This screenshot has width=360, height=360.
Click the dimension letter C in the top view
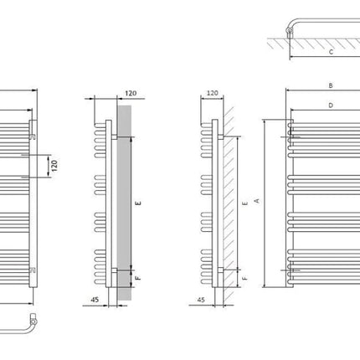click(331, 52)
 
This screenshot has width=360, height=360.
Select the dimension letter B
click(331, 85)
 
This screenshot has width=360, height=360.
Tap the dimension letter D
click(331, 105)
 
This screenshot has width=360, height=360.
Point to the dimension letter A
click(257, 200)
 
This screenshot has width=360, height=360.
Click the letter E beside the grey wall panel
click(138, 203)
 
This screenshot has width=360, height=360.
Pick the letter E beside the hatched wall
click(244, 203)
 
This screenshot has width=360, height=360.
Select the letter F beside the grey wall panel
click(138, 278)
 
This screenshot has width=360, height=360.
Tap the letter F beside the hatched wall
click(244, 278)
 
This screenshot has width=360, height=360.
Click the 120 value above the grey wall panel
click(131, 93)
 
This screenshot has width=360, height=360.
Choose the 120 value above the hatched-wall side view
click(213, 93)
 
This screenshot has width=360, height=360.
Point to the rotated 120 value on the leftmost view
click(54, 166)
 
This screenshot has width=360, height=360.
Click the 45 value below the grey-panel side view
click(95, 300)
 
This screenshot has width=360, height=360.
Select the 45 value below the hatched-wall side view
click(201, 300)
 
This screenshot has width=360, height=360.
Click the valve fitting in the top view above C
click(290, 32)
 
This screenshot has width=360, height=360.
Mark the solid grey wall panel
click(124, 203)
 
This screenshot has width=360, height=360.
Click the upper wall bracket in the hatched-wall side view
click(220, 136)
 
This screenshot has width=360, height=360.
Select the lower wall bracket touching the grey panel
click(115, 270)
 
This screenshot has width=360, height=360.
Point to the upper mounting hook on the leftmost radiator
click(33, 136)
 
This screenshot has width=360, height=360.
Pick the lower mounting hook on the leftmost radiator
click(33, 270)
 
